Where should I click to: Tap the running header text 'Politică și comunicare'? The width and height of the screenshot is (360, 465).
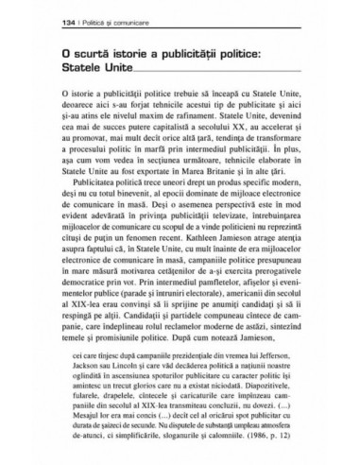tap(100, 19)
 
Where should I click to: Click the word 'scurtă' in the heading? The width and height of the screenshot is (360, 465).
tap(92, 54)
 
